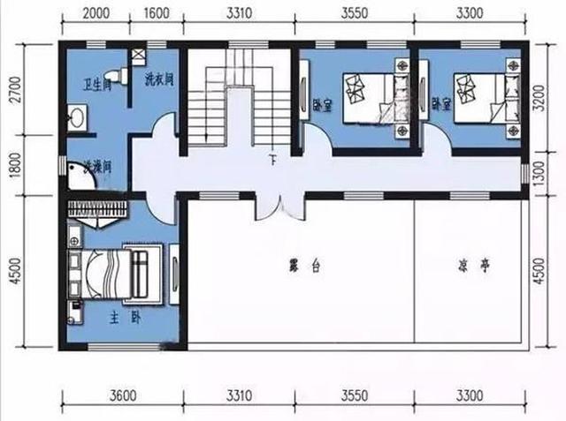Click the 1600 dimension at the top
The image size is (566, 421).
[156, 13]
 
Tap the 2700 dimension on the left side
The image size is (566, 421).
[13, 92]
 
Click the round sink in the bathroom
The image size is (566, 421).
[77, 116]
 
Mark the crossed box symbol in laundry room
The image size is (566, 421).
[139, 56]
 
